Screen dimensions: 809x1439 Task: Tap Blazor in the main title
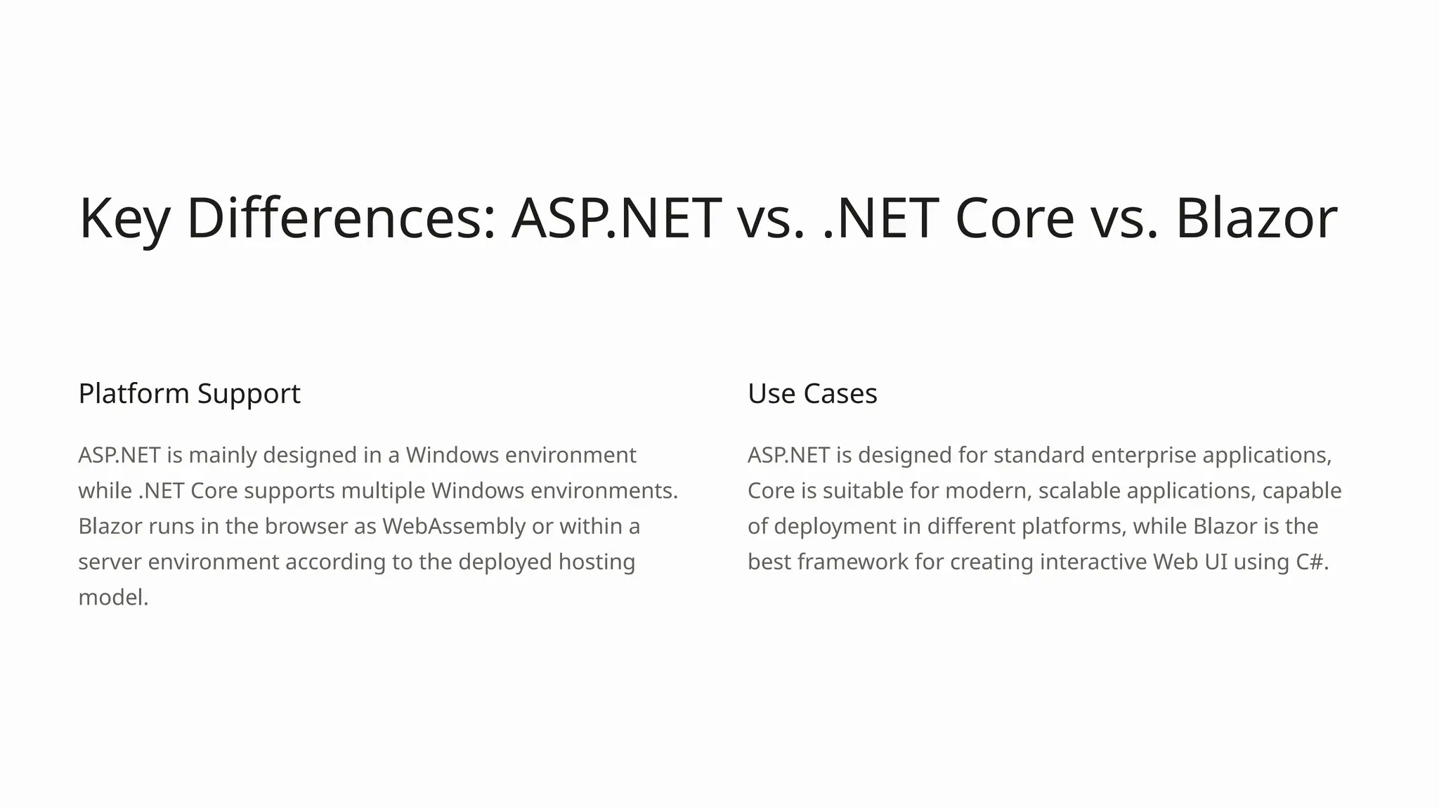(x=1256, y=218)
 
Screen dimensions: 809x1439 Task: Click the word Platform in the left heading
(x=134, y=393)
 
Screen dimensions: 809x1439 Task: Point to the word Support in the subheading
(x=249, y=393)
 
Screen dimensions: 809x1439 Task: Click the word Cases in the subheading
(x=840, y=393)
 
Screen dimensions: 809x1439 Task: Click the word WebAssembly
(x=454, y=526)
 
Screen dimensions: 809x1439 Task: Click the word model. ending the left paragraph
(x=113, y=598)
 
